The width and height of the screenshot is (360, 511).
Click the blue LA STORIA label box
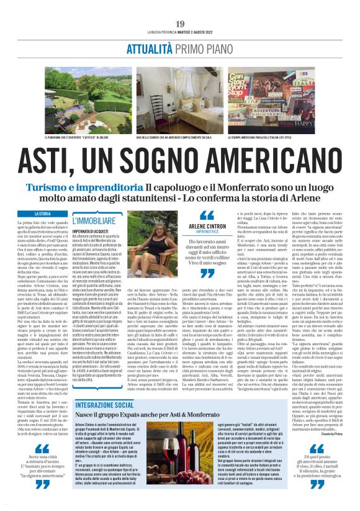[43, 214]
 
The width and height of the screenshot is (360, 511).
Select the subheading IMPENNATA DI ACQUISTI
[92, 231]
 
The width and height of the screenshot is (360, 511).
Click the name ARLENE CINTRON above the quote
[206, 227]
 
